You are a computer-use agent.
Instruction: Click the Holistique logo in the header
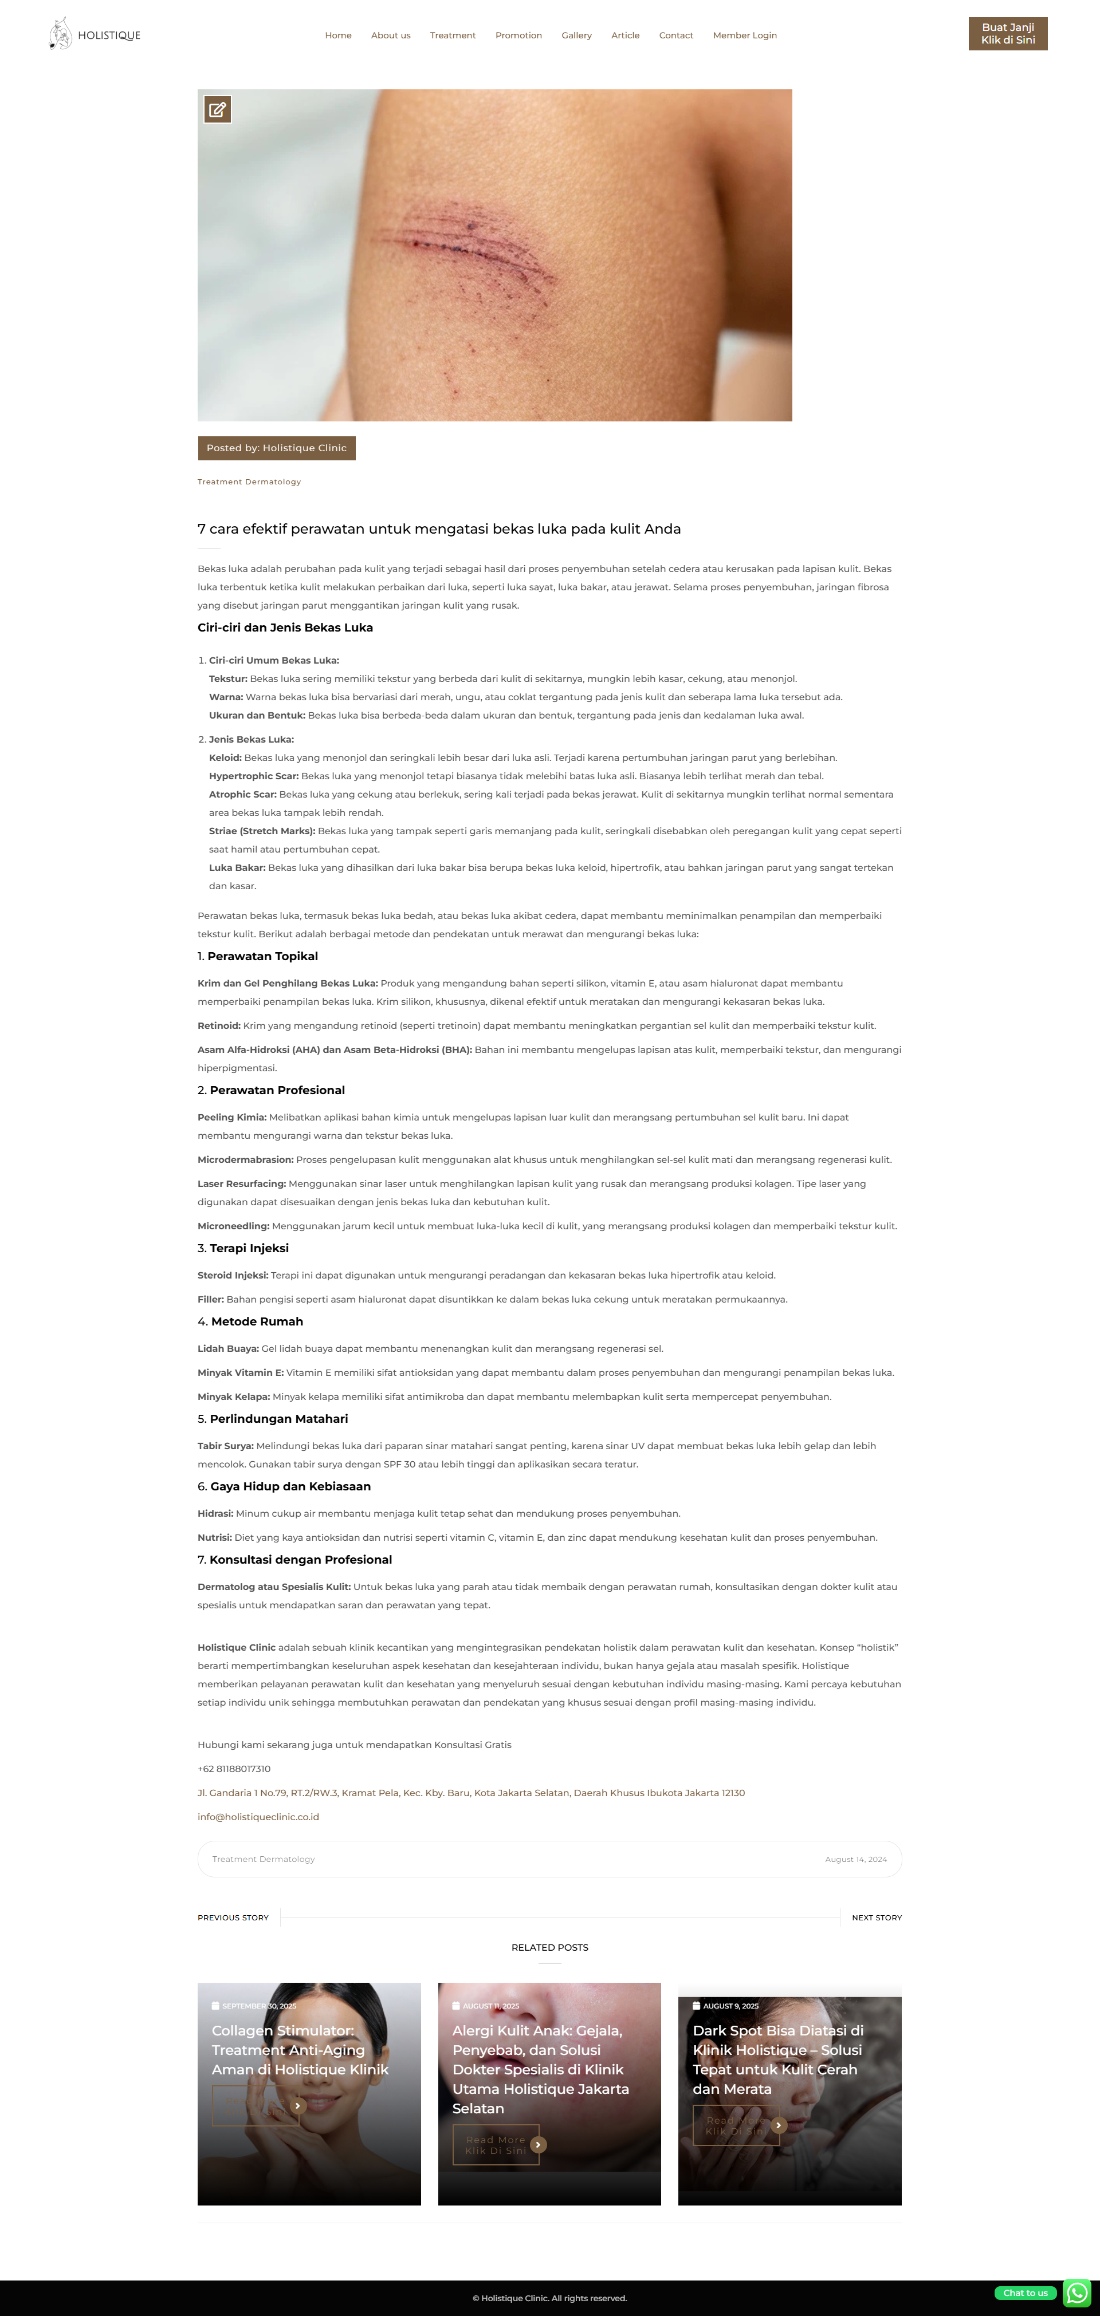(x=95, y=34)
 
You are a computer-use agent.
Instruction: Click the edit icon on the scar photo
(x=218, y=110)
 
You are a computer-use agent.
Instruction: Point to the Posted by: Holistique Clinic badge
(x=276, y=448)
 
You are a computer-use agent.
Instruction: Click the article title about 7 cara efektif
(x=439, y=528)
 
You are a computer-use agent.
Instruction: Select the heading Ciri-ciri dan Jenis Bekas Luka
(x=285, y=628)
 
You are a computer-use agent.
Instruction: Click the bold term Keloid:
(x=225, y=758)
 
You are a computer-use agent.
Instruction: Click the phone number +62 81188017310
(x=234, y=1769)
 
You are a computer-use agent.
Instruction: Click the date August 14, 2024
(x=855, y=1859)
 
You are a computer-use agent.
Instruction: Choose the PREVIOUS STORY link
(x=233, y=1917)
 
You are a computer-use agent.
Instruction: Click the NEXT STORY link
(x=876, y=1917)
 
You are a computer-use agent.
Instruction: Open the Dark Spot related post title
(x=777, y=2059)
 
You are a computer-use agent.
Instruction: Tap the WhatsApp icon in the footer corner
(x=1077, y=2293)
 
